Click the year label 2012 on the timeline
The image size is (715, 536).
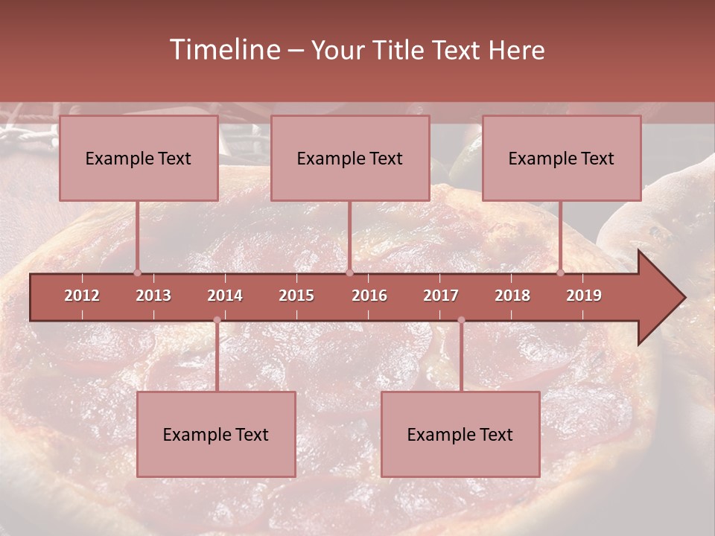pyautogui.click(x=82, y=296)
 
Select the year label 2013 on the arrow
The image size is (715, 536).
pyautogui.click(x=153, y=296)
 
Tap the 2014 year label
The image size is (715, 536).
pyautogui.click(x=225, y=296)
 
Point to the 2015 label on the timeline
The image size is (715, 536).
pyautogui.click(x=296, y=296)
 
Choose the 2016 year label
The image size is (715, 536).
pyautogui.click(x=369, y=296)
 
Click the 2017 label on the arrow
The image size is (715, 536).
pyautogui.click(x=441, y=296)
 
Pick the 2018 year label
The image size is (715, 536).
pyautogui.click(x=512, y=296)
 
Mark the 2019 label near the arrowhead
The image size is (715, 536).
pyautogui.click(x=584, y=296)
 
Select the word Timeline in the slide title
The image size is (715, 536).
pyautogui.click(x=223, y=50)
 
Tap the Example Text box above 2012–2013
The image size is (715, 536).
pyautogui.click(x=139, y=158)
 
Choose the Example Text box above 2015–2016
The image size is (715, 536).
pyautogui.click(x=350, y=158)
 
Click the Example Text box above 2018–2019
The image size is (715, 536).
pyautogui.click(x=562, y=158)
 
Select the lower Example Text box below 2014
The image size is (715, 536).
pyautogui.click(x=216, y=434)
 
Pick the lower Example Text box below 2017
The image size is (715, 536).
pyautogui.click(x=460, y=434)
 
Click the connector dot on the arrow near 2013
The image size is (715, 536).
pyautogui.click(x=137, y=272)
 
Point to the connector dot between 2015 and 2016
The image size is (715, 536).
pyautogui.click(x=349, y=272)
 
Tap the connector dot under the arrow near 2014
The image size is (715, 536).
pyautogui.click(x=217, y=320)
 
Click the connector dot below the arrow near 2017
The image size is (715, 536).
pyautogui.click(x=461, y=320)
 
